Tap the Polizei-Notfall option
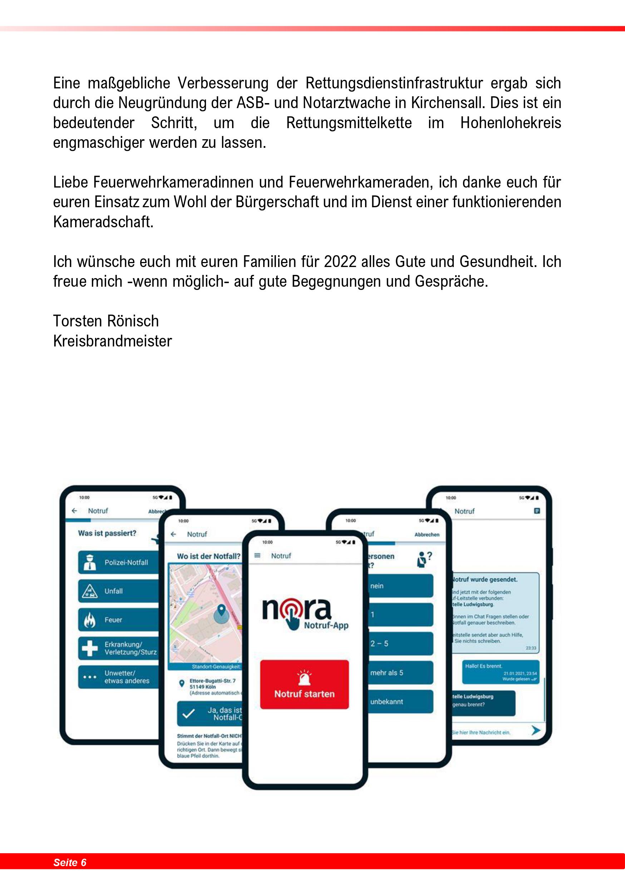point(119,562)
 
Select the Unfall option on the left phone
point(119,591)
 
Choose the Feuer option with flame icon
point(119,620)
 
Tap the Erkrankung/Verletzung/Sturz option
point(119,648)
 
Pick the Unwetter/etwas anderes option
point(119,677)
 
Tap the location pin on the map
point(221,610)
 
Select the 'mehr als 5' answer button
point(400,673)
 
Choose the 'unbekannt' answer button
point(400,702)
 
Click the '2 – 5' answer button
point(400,644)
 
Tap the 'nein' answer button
point(400,586)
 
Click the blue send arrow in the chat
point(536,730)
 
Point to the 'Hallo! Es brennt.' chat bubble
point(501,673)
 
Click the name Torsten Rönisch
point(106,321)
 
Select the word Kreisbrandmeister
point(112,341)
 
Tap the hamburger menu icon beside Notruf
point(257,555)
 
